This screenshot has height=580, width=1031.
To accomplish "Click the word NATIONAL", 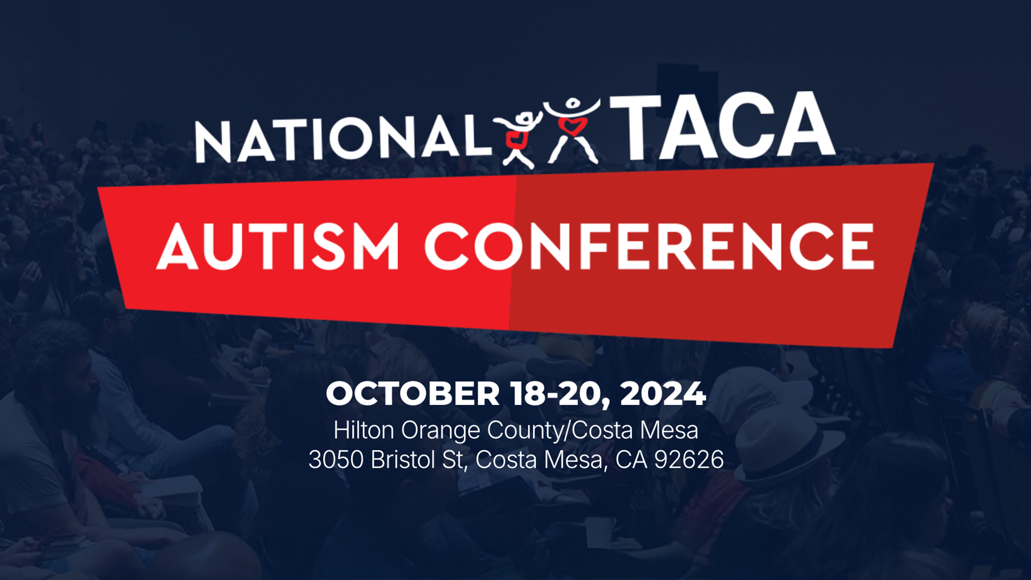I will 344,139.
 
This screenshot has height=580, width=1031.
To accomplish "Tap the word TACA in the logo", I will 722,127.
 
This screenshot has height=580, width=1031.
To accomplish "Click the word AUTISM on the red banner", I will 278,247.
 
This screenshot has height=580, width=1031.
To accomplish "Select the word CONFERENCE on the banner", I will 650,247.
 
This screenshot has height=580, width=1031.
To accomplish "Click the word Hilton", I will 364,430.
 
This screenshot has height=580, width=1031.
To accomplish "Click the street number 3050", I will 336,460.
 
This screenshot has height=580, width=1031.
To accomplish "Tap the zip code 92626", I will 689,460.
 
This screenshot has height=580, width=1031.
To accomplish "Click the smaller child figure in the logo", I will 518,139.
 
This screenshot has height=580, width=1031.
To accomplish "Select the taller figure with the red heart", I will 572,129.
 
